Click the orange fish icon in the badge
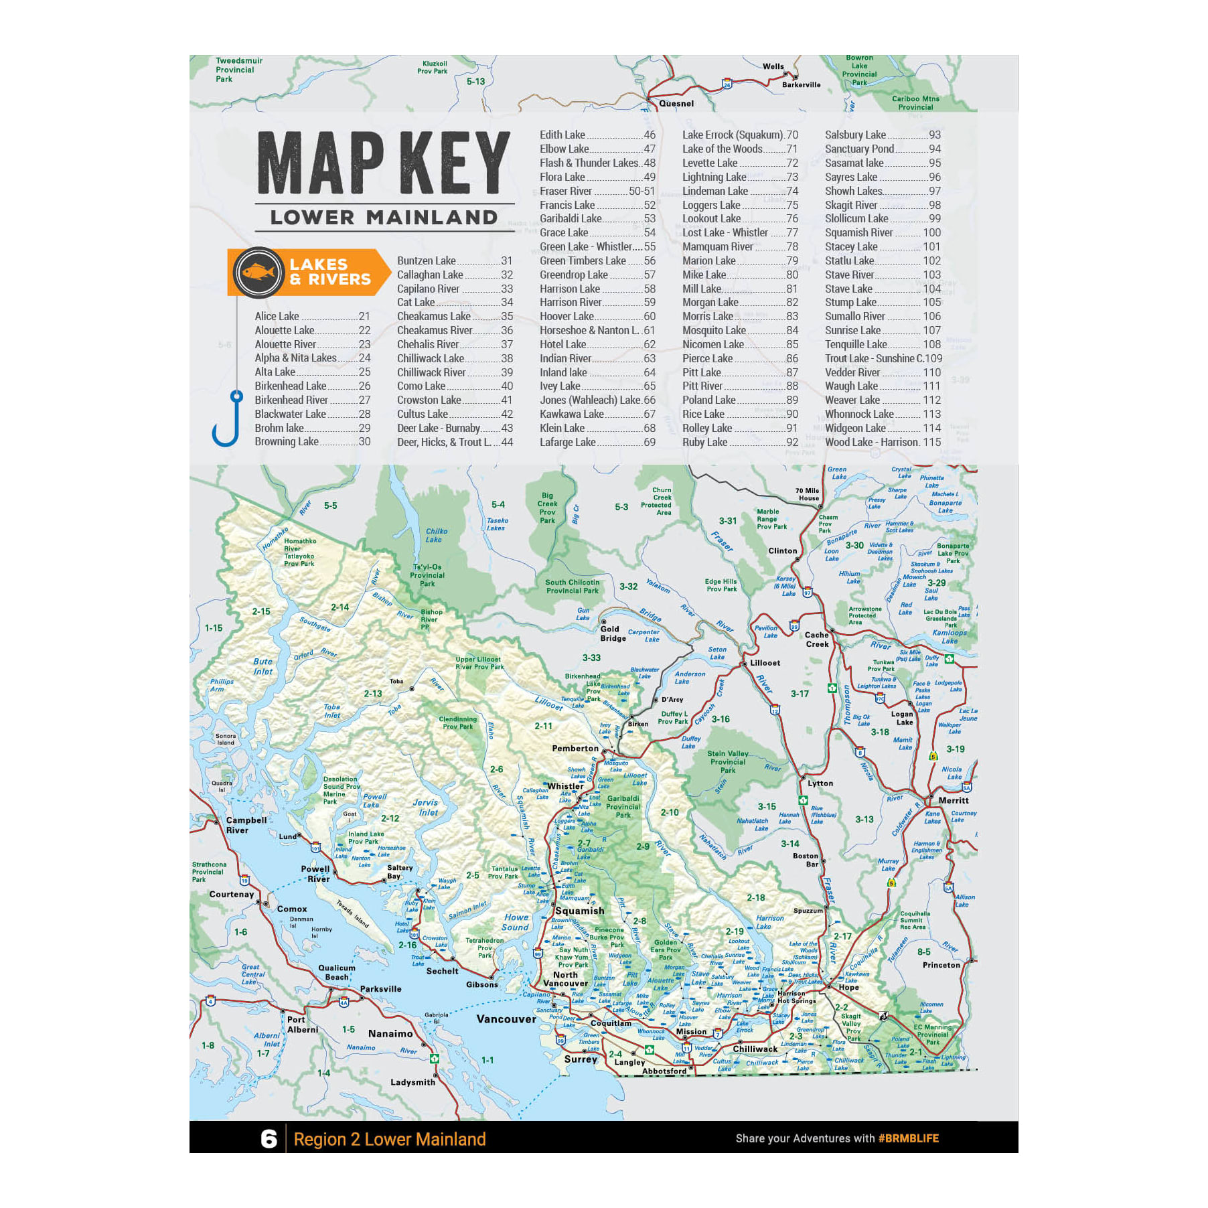258,273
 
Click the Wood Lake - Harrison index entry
883,443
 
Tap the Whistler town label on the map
565,786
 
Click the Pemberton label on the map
575,749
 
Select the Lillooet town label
765,663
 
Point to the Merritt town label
953,801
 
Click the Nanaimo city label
390,1034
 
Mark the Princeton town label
941,965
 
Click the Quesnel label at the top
676,104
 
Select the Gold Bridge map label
613,633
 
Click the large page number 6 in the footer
269,1139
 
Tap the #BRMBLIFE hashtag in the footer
908,1138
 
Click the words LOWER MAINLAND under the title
384,218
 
